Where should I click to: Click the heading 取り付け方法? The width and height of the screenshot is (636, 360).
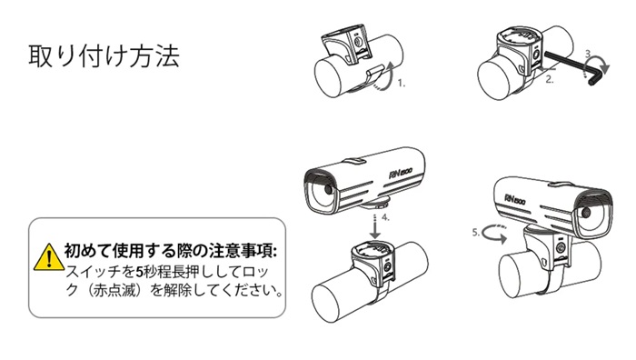click(x=104, y=55)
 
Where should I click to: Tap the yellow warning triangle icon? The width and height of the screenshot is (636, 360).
click(x=49, y=257)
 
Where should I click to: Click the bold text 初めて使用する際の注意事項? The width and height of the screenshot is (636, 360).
click(x=171, y=251)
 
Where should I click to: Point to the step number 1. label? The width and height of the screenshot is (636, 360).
click(x=402, y=84)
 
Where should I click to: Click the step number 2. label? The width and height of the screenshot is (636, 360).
click(x=549, y=80)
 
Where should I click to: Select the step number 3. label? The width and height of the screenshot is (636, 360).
click(x=589, y=54)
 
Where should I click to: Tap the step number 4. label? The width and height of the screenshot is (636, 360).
click(x=385, y=217)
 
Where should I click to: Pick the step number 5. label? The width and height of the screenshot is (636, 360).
click(x=476, y=233)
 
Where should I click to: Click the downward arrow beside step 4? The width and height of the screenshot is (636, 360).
click(x=375, y=226)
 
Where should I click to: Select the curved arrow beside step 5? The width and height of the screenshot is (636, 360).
click(x=495, y=235)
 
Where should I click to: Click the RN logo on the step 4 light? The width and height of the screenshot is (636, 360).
click(x=401, y=174)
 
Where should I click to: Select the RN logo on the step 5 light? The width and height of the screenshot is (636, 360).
click(x=515, y=199)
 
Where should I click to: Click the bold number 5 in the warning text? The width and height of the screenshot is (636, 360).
click(x=139, y=272)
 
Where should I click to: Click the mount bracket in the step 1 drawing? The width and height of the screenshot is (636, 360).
click(x=347, y=45)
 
